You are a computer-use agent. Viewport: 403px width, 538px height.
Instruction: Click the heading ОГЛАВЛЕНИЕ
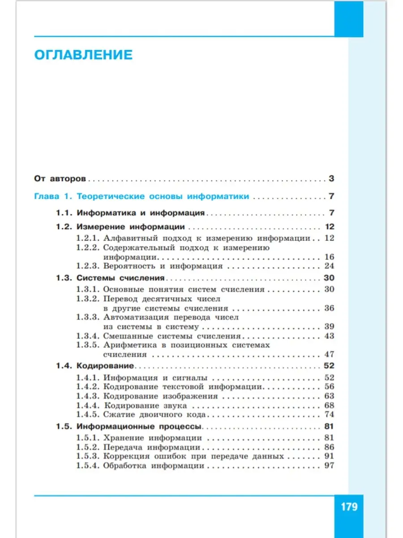coord(83,55)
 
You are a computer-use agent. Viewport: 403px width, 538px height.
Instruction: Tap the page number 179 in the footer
coord(349,507)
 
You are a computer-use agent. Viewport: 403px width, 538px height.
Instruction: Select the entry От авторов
coord(60,178)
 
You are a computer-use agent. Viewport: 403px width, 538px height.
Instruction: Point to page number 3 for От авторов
coord(331,178)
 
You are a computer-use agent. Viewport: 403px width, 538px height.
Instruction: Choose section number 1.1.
coord(64,213)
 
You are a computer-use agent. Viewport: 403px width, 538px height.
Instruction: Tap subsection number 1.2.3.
coord(87,266)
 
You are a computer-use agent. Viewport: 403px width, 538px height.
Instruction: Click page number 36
coord(329,308)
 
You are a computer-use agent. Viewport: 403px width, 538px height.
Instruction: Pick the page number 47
coord(329,354)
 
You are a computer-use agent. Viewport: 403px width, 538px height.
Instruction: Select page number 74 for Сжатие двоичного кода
coord(329,414)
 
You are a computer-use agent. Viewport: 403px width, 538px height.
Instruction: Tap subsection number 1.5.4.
coord(87,466)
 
